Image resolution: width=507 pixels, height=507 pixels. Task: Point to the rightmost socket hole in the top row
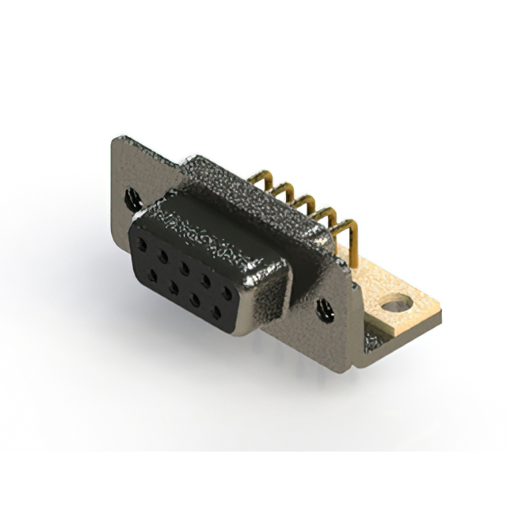pyautogui.click(x=228, y=292)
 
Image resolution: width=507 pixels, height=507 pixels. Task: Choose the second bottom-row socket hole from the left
pyautogui.click(x=173, y=282)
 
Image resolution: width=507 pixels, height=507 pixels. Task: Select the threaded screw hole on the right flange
pyautogui.click(x=325, y=311)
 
